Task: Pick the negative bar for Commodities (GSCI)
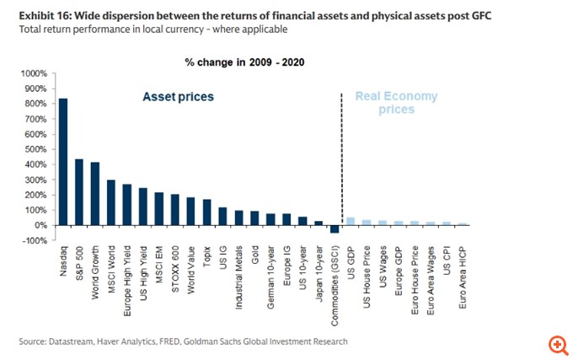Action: [335, 228]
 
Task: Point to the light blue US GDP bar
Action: [351, 222]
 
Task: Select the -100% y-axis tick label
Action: [35, 241]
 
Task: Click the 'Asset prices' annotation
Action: [178, 97]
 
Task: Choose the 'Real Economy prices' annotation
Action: [397, 102]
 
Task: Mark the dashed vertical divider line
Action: [342, 160]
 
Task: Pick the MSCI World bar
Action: [111, 202]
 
